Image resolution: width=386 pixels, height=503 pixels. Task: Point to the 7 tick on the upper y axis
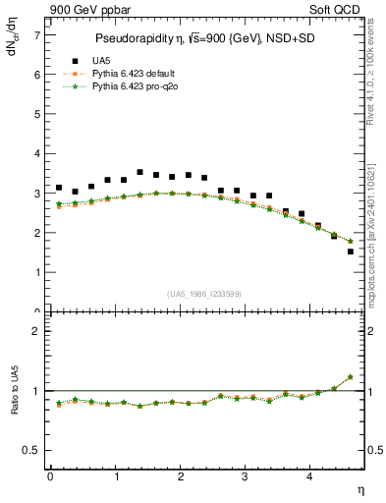[x=37, y=35]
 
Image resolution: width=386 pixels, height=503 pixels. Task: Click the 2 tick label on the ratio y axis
[x=37, y=331]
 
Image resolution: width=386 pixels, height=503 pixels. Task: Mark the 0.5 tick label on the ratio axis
[x=33, y=450]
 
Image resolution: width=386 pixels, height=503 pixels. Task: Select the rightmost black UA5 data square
[x=350, y=251]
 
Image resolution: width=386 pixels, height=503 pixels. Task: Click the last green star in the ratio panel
[x=350, y=377]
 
